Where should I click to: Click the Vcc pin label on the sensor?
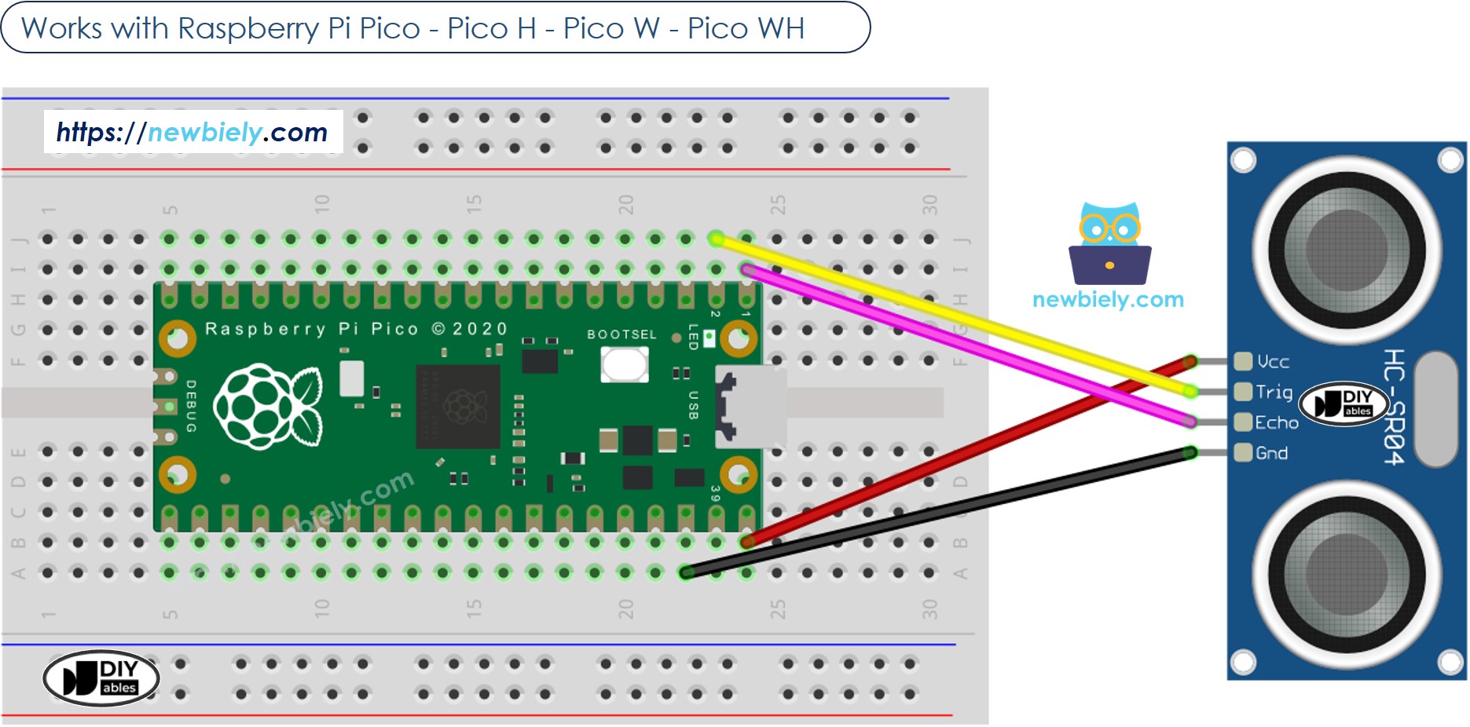point(1272,362)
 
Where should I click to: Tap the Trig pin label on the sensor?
point(1273,392)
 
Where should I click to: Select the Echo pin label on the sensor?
point(1276,422)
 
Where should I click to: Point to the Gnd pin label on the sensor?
point(1270,453)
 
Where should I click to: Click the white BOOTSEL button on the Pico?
point(624,364)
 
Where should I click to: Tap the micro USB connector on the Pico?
point(750,406)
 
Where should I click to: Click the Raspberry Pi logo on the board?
point(268,406)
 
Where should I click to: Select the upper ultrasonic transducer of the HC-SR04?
point(1346,250)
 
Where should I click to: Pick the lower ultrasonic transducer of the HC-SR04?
point(1346,574)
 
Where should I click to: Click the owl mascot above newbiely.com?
point(1109,244)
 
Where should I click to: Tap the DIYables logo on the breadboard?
point(101,678)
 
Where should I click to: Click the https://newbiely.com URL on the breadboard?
point(192,132)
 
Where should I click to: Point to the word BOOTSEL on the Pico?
point(621,334)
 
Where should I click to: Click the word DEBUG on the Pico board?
point(191,406)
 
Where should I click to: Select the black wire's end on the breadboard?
point(687,572)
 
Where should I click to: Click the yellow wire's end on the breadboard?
point(716,239)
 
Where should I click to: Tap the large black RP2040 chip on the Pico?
point(458,406)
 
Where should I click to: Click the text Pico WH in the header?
point(746,28)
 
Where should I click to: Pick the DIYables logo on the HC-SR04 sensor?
point(1344,404)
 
